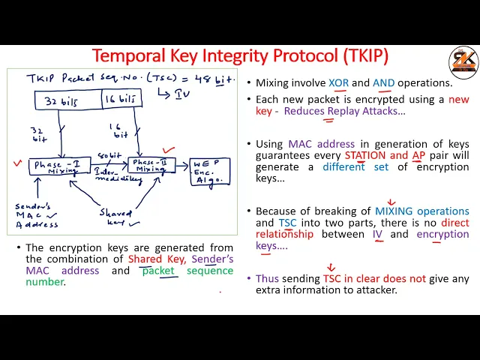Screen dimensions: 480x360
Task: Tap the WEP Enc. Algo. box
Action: point(208,172)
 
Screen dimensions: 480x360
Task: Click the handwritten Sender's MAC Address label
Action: point(34,216)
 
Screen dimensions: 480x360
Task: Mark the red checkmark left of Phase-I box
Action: point(17,163)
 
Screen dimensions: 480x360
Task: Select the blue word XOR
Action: point(338,83)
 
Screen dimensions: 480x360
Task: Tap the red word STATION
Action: point(364,155)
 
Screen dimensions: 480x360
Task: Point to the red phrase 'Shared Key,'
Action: point(155,259)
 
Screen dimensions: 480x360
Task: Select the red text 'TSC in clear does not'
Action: point(374,278)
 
